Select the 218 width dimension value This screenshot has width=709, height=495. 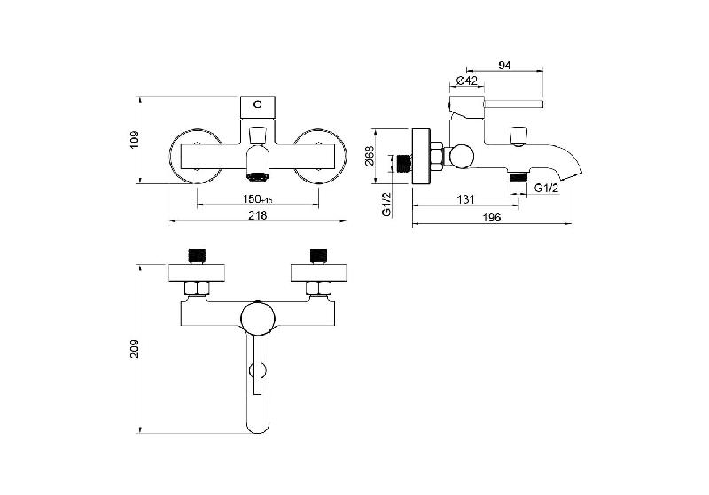[258, 215]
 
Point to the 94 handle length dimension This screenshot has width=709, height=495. [504, 65]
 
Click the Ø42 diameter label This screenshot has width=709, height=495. [467, 81]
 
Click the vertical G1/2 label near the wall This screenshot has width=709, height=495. [386, 203]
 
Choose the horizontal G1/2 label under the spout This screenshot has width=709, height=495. [546, 189]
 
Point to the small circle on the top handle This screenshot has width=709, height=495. [257, 104]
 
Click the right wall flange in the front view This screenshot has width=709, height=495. [319, 156]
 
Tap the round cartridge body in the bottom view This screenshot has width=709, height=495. [258, 317]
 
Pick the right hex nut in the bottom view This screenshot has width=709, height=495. [316, 288]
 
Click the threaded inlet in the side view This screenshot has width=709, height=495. [405, 163]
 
